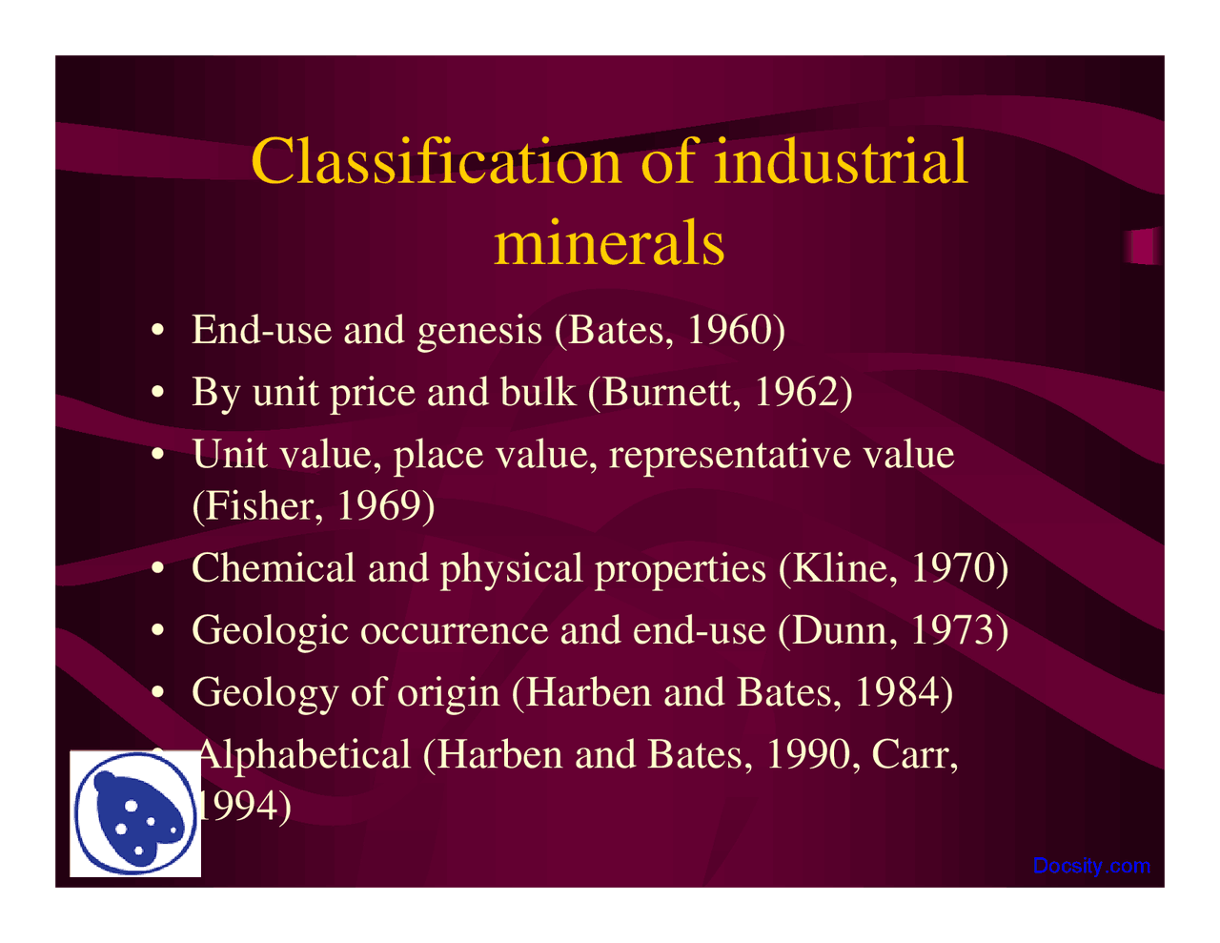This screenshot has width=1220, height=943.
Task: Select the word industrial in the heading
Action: coord(841,161)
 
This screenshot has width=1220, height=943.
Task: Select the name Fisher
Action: coord(256,505)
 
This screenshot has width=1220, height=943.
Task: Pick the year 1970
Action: coord(953,568)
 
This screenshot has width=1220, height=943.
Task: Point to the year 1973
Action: coord(953,630)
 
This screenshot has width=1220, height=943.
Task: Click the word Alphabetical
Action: coord(303,755)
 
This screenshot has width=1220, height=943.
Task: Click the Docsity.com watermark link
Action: coord(1091,866)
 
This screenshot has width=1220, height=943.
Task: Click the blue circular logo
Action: coord(135,813)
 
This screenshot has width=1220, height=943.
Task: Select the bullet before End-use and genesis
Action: coord(158,330)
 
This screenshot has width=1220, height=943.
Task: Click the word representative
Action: coord(731,455)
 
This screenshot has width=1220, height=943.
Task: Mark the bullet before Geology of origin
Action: coord(158,692)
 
